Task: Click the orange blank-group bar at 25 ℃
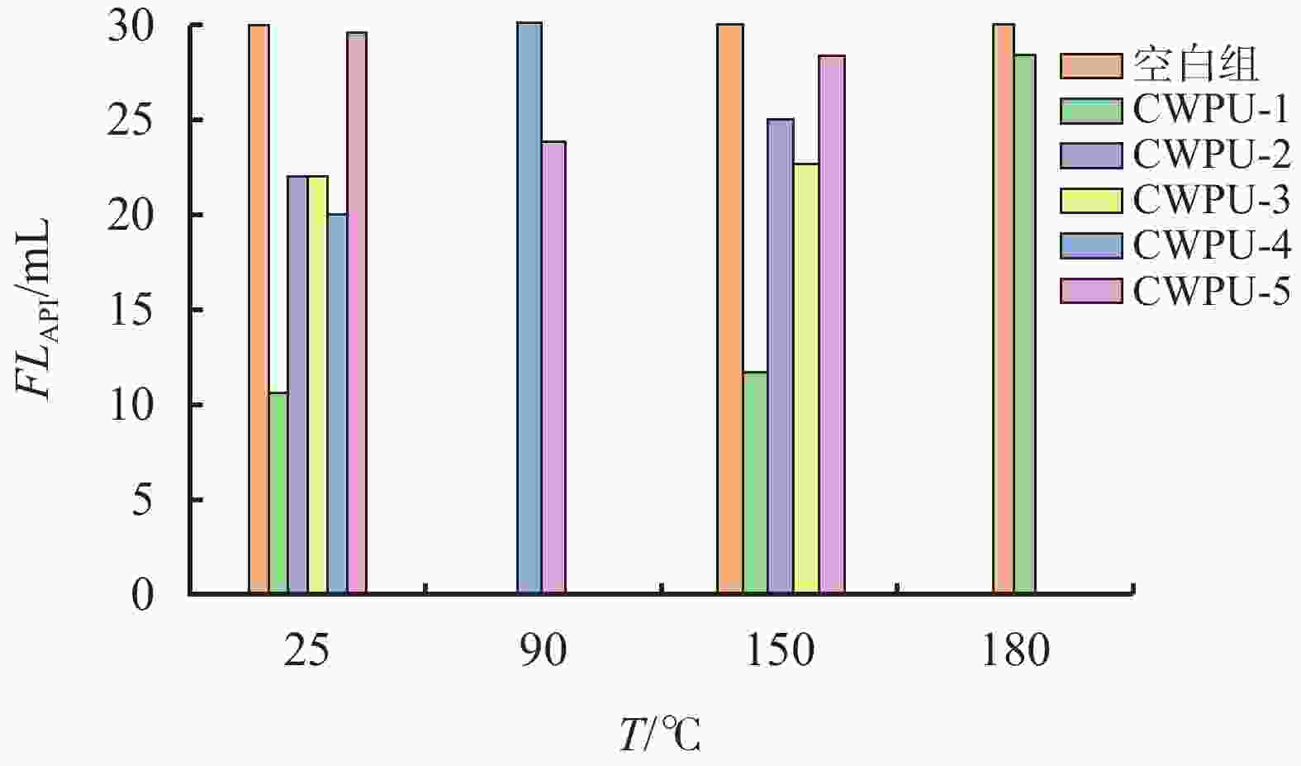259,309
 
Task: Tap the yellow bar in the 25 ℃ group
318,385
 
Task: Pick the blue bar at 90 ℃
529,308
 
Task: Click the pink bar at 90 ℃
553,368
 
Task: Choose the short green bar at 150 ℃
755,483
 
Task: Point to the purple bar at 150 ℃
781,356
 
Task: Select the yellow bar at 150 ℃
806,378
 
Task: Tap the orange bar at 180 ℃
1004,309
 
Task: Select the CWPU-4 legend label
1211,245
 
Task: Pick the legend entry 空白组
1195,65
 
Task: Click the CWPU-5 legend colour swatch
1091,291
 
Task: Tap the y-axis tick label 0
143,595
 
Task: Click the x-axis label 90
543,650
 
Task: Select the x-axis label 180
1015,650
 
